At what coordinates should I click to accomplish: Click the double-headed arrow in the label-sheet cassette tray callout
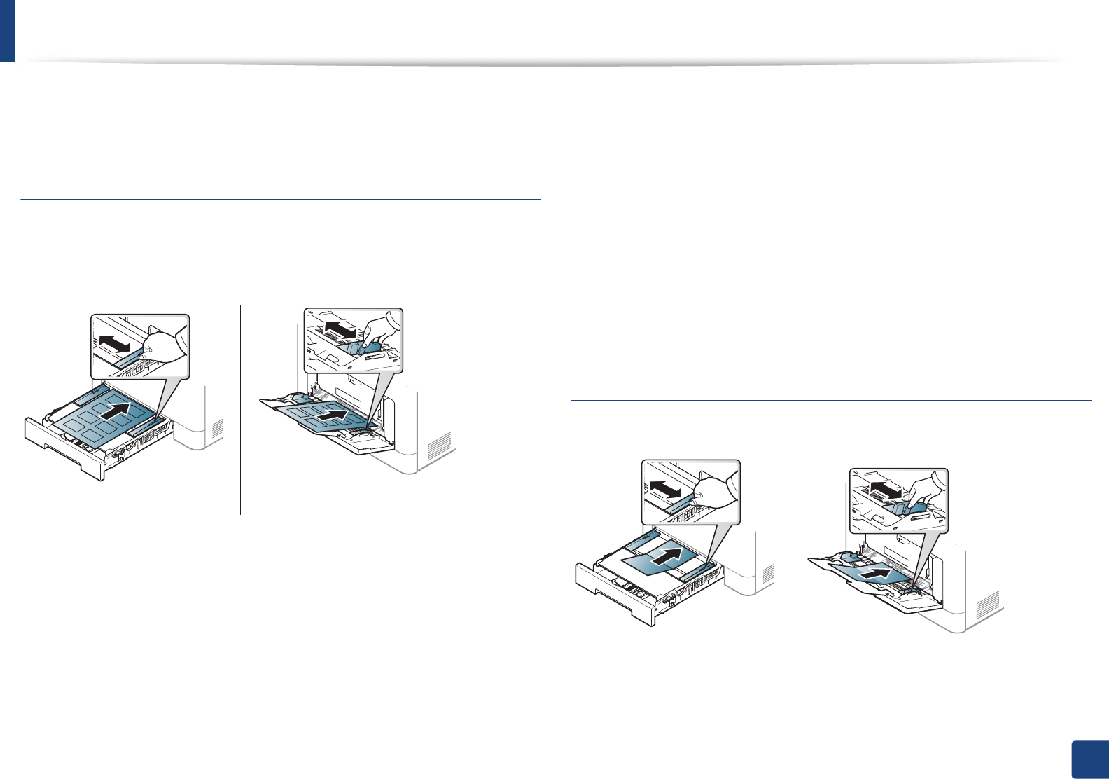tap(114, 344)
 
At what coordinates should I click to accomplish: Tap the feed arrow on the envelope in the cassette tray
tap(664, 558)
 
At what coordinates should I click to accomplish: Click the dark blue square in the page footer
tap(1090, 760)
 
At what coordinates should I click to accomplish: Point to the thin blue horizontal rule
tap(281, 200)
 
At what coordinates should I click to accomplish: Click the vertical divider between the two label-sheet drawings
tap(240, 410)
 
